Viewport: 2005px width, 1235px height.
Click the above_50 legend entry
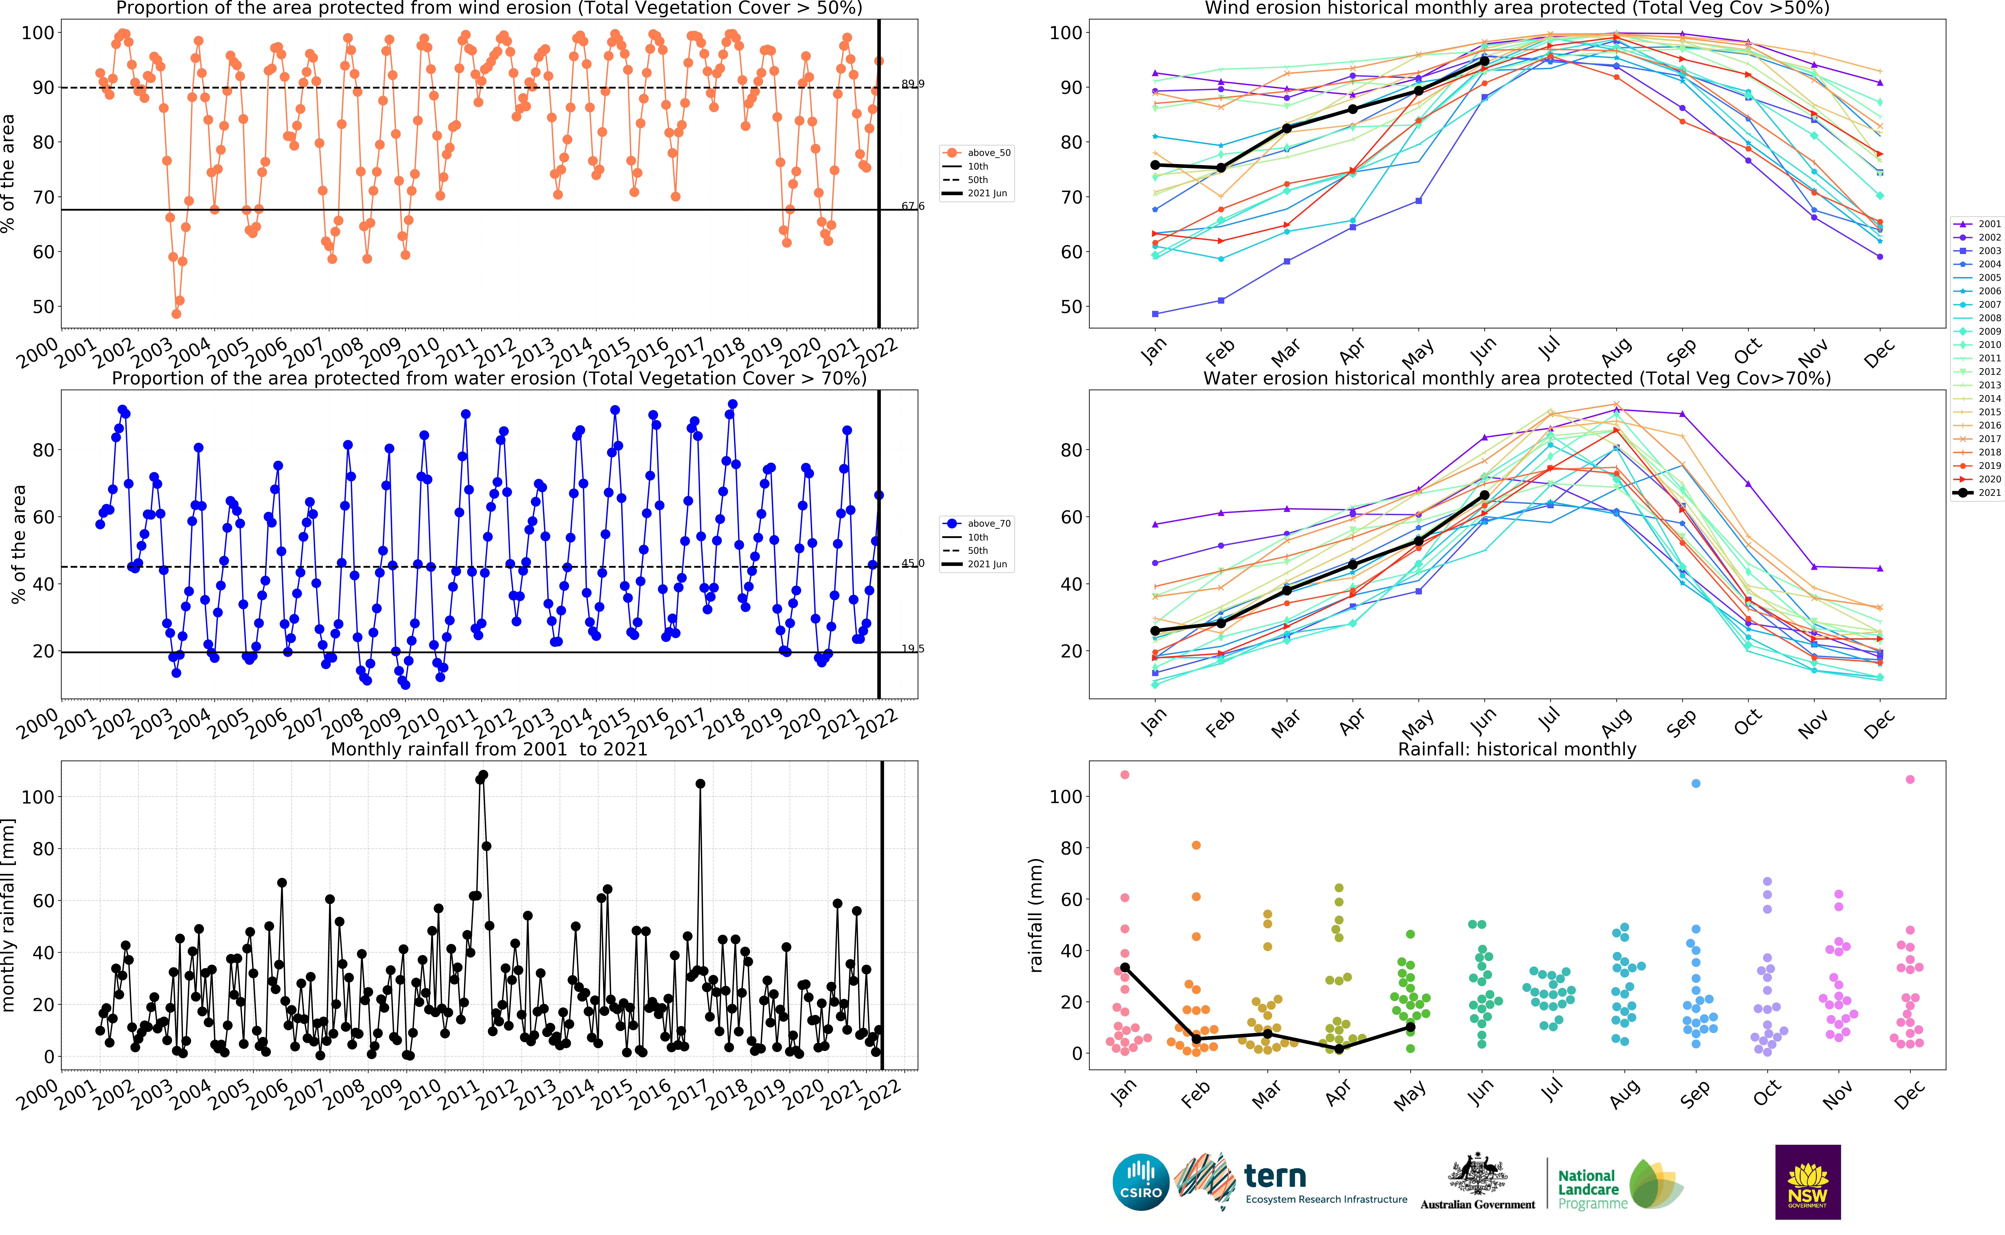pyautogui.click(x=977, y=153)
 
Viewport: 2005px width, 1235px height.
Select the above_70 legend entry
pyautogui.click(x=977, y=524)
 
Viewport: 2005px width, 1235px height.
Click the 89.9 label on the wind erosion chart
pyautogui.click(x=913, y=83)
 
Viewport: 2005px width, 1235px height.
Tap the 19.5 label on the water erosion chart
pyautogui.click(x=913, y=649)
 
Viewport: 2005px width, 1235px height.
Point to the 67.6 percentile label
pyautogui.click(x=913, y=206)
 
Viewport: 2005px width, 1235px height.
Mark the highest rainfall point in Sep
pyautogui.click(x=1695, y=783)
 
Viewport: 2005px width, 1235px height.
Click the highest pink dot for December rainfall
pyautogui.click(x=1909, y=779)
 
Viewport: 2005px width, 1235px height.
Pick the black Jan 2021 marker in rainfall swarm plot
pyautogui.click(x=1125, y=967)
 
